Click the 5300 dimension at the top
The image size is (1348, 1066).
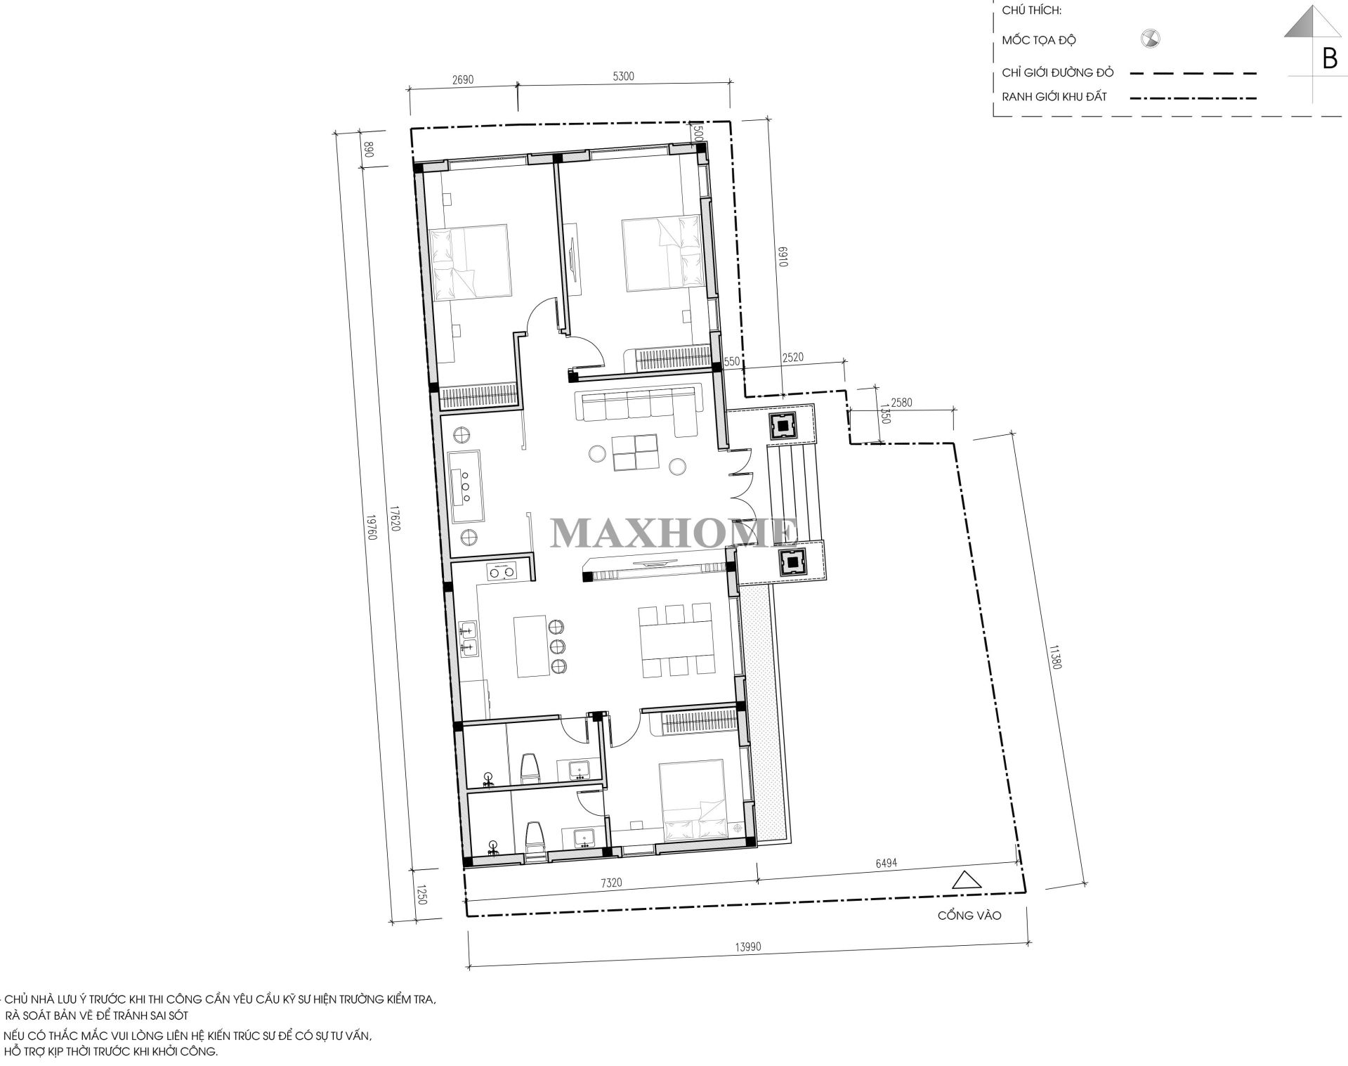pos(623,77)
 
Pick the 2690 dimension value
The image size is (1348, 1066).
pos(463,79)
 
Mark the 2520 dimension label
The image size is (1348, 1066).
pos(792,358)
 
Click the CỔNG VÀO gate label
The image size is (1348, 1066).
pos(969,916)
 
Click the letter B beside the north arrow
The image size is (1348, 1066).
pos(1329,60)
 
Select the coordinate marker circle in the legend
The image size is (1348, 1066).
pos(1150,39)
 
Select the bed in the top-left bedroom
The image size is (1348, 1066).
pos(469,263)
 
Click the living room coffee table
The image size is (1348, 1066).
pos(634,453)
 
